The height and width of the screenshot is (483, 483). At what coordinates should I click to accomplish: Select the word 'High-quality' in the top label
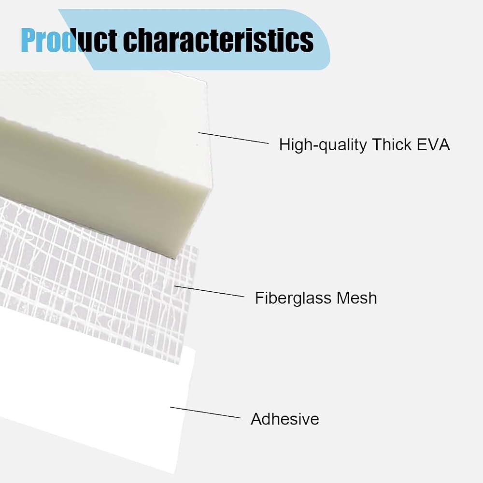[x=323, y=145]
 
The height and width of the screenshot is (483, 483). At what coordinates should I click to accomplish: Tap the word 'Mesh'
[x=356, y=298]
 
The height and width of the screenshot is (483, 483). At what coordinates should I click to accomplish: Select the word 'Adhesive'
[x=285, y=419]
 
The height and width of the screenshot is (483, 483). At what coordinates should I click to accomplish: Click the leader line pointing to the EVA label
[x=233, y=138]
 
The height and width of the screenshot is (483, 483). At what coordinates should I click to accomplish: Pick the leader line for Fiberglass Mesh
[x=209, y=291]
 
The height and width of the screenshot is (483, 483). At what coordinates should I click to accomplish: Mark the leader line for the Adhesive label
[x=205, y=412]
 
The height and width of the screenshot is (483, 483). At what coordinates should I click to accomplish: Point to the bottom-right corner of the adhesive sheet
[x=175, y=473]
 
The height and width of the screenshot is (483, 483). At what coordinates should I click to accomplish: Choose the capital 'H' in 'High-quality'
[x=284, y=144]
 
